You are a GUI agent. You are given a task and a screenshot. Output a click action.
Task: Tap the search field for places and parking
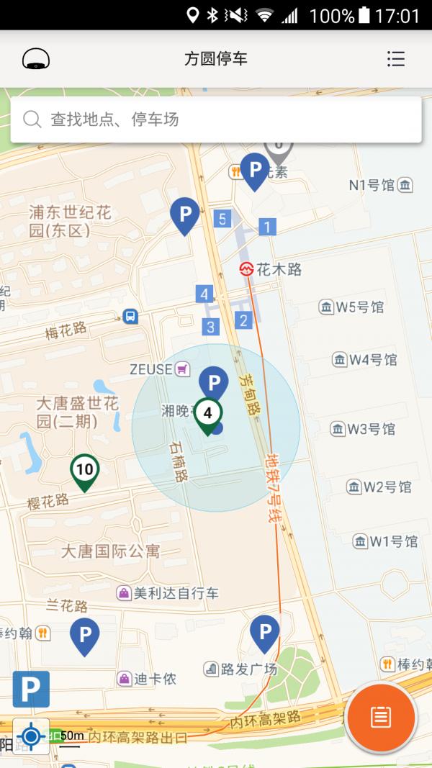point(216,119)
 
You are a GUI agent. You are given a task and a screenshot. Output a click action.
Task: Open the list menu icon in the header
point(395,58)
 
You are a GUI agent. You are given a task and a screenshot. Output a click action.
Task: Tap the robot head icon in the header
point(36,58)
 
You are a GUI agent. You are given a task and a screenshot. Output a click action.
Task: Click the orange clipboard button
point(380,717)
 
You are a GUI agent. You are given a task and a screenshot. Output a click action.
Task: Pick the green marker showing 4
point(207,415)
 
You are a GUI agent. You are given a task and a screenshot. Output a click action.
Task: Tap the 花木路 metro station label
point(271,270)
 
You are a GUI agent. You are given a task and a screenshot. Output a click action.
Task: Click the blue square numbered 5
point(222,219)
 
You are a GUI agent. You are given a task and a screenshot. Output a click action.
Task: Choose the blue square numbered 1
point(267,227)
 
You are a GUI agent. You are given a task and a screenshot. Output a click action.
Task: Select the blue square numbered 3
point(210,327)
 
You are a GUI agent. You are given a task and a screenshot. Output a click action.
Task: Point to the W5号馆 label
point(353,307)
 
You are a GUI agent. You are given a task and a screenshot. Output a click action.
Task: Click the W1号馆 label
point(386,541)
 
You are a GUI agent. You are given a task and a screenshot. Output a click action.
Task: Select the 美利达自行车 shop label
point(168,593)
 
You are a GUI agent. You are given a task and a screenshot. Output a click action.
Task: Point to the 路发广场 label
point(241,669)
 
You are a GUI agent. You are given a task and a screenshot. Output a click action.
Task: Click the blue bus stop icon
point(130,315)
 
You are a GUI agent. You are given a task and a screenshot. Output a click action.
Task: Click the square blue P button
point(31,689)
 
